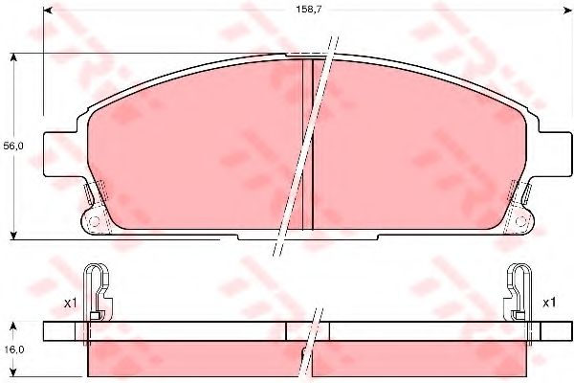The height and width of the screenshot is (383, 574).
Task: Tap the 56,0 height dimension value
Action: pyautogui.click(x=13, y=146)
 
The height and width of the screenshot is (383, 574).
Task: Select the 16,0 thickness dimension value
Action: pyautogui.click(x=13, y=349)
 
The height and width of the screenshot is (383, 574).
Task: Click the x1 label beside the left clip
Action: pyautogui.click(x=70, y=304)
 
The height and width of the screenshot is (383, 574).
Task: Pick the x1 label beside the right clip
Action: pyautogui.click(x=549, y=303)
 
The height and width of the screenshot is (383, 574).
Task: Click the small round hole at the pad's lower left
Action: pyautogui.click(x=95, y=221)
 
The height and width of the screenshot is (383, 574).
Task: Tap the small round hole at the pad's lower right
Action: pyautogui.click(x=520, y=221)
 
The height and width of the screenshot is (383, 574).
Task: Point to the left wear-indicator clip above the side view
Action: pyautogui.click(x=98, y=293)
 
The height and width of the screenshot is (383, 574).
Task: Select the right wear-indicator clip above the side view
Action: pyautogui.click(x=519, y=293)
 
